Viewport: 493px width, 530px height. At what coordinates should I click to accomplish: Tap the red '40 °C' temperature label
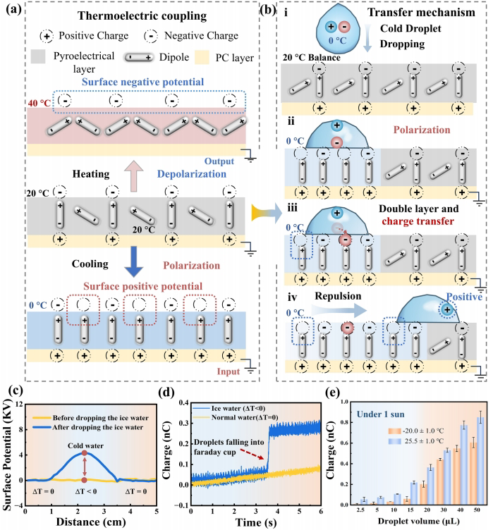(40, 103)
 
